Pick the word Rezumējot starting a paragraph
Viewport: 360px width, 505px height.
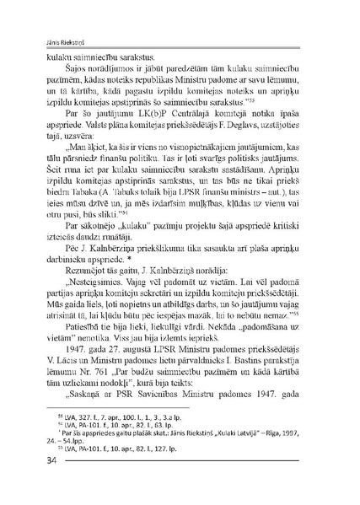pos(76,293)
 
